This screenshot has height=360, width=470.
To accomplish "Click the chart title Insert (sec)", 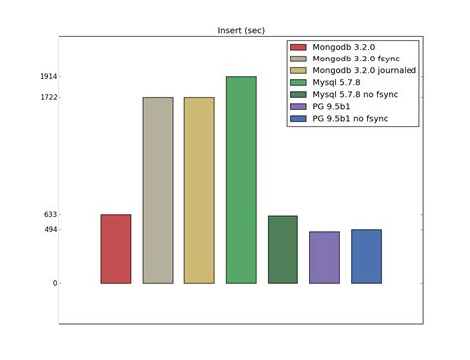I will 241,31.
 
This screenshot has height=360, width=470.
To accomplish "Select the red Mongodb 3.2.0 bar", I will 116,249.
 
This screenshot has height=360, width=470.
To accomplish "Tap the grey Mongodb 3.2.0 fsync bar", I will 158,190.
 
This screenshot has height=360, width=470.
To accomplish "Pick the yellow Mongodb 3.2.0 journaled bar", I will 199,190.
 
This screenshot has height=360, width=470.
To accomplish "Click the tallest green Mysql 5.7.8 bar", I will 241,180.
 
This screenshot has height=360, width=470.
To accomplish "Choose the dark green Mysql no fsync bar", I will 283,249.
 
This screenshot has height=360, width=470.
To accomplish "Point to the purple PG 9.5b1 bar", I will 324,257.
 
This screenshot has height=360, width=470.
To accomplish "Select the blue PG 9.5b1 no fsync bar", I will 366,256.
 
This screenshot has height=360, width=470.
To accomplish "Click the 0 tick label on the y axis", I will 52,284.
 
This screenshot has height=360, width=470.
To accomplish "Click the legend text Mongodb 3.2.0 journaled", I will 364,70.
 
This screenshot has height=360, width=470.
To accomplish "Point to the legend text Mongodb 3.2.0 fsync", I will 355,59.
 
